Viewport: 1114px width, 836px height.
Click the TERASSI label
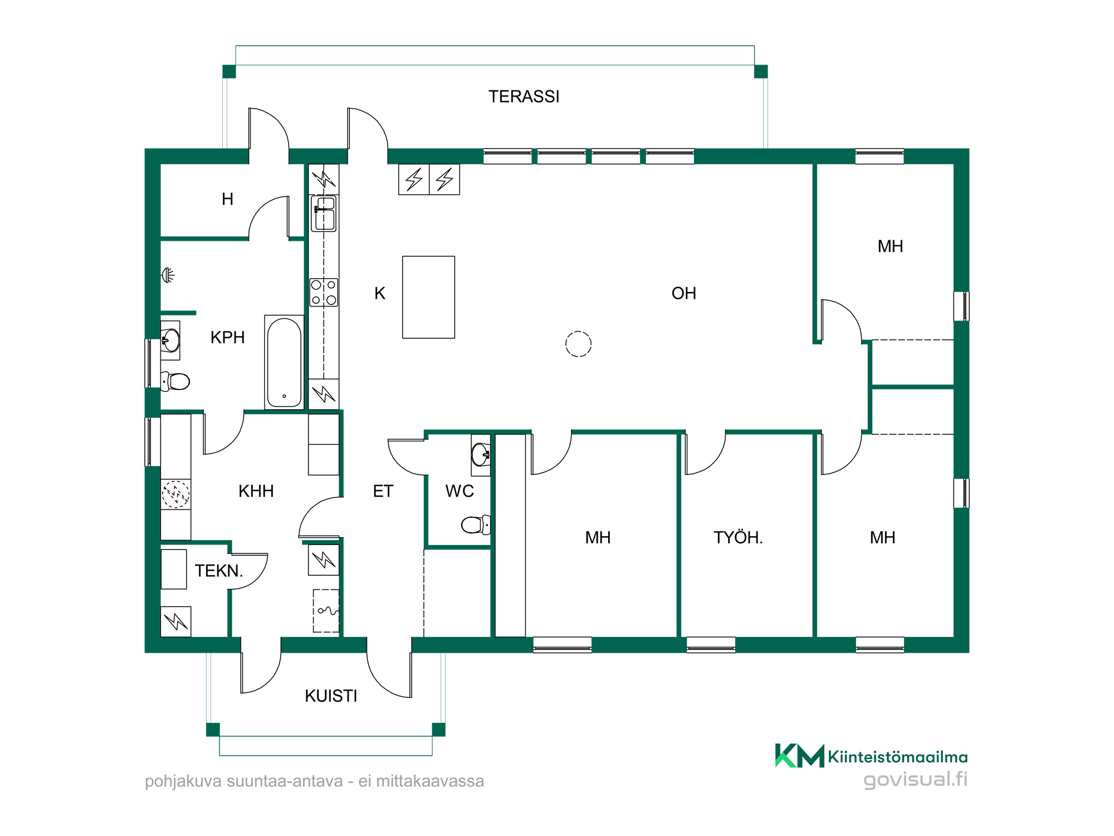(524, 96)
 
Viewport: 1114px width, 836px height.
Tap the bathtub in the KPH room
(284, 362)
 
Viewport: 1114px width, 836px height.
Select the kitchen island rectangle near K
(428, 297)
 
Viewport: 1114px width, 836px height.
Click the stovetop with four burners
(324, 292)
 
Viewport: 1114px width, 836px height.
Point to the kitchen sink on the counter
(324, 213)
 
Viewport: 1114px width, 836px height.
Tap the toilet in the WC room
(476, 524)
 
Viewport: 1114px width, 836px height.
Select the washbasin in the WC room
(481, 454)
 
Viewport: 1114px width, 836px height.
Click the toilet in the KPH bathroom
(175, 381)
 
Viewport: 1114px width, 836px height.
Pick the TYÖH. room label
(738, 537)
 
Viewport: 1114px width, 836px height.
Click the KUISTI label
(331, 696)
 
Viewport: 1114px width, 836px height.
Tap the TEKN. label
(219, 571)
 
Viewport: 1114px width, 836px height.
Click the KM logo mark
(799, 756)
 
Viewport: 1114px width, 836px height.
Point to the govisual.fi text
(915, 779)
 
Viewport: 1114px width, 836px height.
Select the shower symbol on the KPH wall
(168, 275)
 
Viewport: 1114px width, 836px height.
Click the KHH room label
(256, 491)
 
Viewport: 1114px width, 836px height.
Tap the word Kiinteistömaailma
(897, 757)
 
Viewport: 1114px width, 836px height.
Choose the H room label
(227, 199)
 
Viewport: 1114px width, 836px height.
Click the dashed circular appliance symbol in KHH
(175, 494)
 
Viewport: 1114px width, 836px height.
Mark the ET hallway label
(383, 491)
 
